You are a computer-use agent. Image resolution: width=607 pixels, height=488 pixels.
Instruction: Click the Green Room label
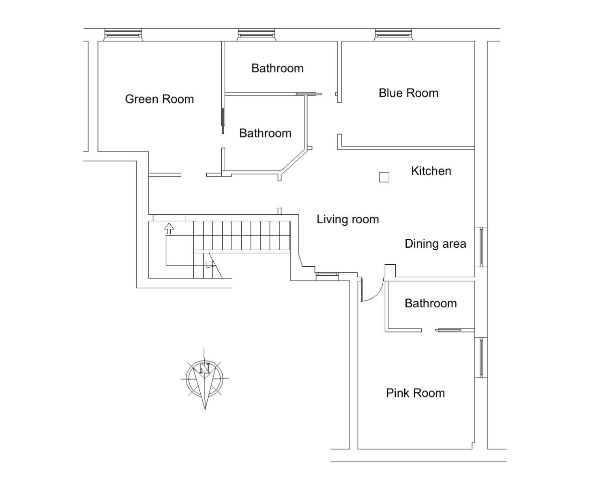tap(159, 99)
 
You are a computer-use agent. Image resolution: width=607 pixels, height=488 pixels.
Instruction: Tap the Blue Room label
tap(408, 93)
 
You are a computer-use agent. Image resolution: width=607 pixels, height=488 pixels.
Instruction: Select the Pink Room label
tap(415, 393)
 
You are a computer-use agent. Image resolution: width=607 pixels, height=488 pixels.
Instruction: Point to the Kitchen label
tap(431, 171)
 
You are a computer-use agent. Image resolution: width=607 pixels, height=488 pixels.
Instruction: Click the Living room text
tap(347, 219)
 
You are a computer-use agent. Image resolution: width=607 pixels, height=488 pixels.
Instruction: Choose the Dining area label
tap(435, 244)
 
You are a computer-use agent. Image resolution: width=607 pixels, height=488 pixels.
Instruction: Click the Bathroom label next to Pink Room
tap(431, 303)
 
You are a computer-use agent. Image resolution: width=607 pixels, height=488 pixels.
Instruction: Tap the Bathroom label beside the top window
tap(277, 68)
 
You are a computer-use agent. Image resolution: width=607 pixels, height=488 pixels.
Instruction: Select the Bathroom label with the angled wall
tap(265, 133)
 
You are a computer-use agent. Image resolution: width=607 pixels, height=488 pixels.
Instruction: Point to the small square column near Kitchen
tap(384, 177)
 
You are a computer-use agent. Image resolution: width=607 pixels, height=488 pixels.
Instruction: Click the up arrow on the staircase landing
tap(169, 229)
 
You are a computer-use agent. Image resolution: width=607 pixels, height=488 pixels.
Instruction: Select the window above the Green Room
tap(123, 35)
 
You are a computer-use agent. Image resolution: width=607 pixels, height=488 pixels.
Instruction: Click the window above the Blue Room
tap(393, 35)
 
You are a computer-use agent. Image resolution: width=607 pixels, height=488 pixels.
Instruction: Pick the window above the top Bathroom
tap(256, 35)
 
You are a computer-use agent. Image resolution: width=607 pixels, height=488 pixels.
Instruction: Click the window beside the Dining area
tap(481, 247)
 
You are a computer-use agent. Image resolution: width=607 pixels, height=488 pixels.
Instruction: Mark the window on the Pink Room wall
tap(481, 357)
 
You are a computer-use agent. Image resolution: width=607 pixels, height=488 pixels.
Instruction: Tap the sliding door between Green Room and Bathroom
tap(223, 121)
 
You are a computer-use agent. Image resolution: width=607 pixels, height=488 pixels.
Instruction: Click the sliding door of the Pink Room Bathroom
tap(448, 330)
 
